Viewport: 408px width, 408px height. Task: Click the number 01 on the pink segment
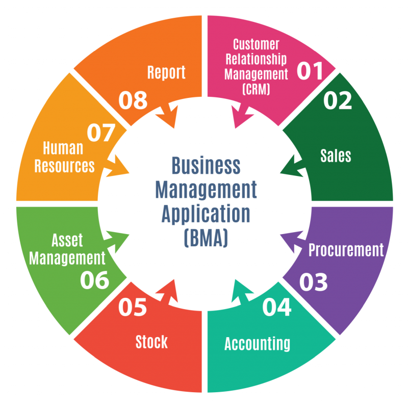point(310,71)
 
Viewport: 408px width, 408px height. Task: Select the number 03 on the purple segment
point(313,282)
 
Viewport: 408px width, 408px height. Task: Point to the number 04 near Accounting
point(277,307)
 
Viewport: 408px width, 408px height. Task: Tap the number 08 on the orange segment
point(133,100)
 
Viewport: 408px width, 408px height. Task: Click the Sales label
point(336,155)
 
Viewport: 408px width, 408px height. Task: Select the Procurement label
point(346,250)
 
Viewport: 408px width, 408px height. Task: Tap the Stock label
point(151,342)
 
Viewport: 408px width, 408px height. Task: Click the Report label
point(166,72)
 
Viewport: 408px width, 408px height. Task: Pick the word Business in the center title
point(206,165)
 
